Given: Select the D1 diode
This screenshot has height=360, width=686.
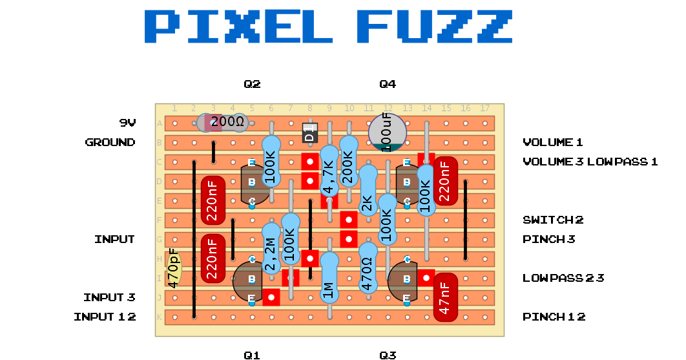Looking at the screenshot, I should tap(310, 132).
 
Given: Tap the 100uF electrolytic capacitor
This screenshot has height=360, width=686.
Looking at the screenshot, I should tap(388, 132).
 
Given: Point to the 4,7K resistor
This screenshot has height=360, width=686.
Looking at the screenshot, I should tap(329, 171).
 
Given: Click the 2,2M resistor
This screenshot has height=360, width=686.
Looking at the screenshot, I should tap(271, 248).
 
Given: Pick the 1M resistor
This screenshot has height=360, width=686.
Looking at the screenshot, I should tap(329, 277).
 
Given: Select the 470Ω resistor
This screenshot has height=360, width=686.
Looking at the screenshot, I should tap(368, 268).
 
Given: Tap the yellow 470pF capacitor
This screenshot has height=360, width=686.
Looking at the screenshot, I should tap(174, 268).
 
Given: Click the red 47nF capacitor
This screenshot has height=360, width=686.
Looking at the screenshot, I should tap(445, 297).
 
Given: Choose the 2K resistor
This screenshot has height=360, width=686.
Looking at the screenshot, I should tap(368, 190).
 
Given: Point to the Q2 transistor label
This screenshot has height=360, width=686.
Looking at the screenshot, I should tap(252, 84).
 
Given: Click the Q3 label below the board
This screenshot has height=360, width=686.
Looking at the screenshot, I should tap(388, 355).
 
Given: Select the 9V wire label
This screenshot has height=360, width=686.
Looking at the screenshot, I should tap(127, 123).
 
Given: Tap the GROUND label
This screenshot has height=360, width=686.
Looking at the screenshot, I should tap(110, 142).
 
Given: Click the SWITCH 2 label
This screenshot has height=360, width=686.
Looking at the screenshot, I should tap(553, 220).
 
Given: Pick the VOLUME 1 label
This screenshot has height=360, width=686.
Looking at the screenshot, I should tap(553, 142).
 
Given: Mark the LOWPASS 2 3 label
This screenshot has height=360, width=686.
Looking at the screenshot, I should tap(563, 278).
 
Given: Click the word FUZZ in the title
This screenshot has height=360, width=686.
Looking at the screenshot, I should tap(434, 27).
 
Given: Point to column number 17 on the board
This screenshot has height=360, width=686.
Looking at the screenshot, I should tap(484, 108).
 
